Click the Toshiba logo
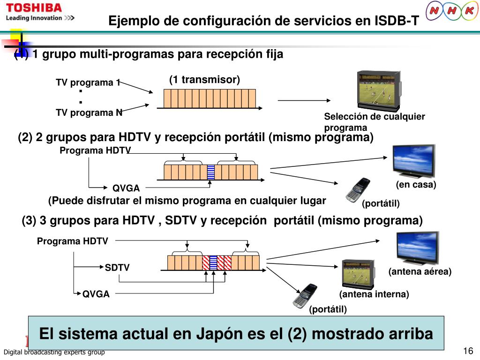click(34, 8)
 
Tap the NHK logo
click(452, 11)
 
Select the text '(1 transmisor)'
click(204, 80)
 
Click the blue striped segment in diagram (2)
click(210, 172)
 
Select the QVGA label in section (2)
click(126, 188)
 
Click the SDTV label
click(117, 268)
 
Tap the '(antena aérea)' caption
click(420, 272)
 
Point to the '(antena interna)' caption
click(374, 294)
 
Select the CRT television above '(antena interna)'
click(358, 274)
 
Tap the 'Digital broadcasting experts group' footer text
click(54, 352)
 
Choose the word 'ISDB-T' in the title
click(396, 21)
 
